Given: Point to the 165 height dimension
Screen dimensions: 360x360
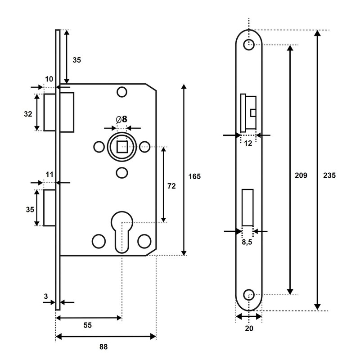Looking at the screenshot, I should (x=194, y=176).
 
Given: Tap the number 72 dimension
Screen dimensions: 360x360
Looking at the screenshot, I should (x=171, y=185).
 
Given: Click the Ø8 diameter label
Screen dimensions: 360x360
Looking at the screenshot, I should (x=121, y=119).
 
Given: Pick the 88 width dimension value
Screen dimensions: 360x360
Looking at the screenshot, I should (x=103, y=346).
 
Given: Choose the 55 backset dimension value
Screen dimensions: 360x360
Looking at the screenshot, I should (x=87, y=325).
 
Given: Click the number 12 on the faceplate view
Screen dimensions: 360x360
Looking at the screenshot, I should (x=248, y=143).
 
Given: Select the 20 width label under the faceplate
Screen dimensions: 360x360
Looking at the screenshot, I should (x=249, y=328).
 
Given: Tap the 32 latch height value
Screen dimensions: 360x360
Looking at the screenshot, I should (x=28, y=114).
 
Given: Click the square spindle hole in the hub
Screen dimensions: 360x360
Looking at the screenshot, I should (x=121, y=146).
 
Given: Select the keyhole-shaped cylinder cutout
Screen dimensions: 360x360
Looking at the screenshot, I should (x=121, y=229).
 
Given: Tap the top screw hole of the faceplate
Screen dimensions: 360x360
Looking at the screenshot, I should (x=248, y=45).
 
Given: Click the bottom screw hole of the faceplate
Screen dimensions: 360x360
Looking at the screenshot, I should (x=248, y=295).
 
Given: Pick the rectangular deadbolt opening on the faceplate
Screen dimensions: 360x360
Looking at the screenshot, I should (x=247, y=207).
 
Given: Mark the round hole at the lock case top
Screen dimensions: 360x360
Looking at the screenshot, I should (x=121, y=92).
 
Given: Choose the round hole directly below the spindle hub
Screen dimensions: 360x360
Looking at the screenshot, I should (x=121, y=172).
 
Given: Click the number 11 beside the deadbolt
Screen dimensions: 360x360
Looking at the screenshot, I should (x=49, y=174).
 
